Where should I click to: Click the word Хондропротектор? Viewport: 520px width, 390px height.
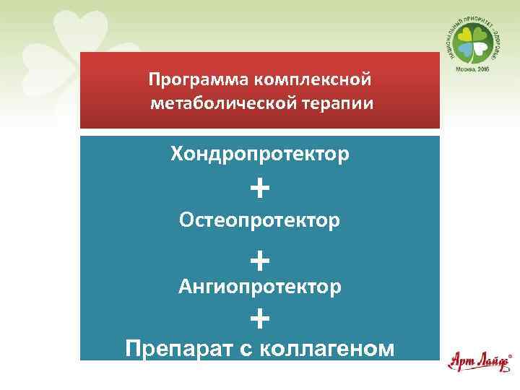point(259,154)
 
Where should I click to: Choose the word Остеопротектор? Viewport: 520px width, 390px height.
point(259,220)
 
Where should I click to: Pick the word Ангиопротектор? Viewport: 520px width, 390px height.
point(259,287)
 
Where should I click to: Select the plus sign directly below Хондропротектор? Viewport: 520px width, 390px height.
point(260,189)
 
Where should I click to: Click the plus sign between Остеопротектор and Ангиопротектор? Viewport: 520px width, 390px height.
point(260,258)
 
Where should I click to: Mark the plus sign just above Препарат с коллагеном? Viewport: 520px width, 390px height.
point(260,317)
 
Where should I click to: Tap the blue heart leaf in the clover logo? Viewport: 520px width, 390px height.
point(466,49)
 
